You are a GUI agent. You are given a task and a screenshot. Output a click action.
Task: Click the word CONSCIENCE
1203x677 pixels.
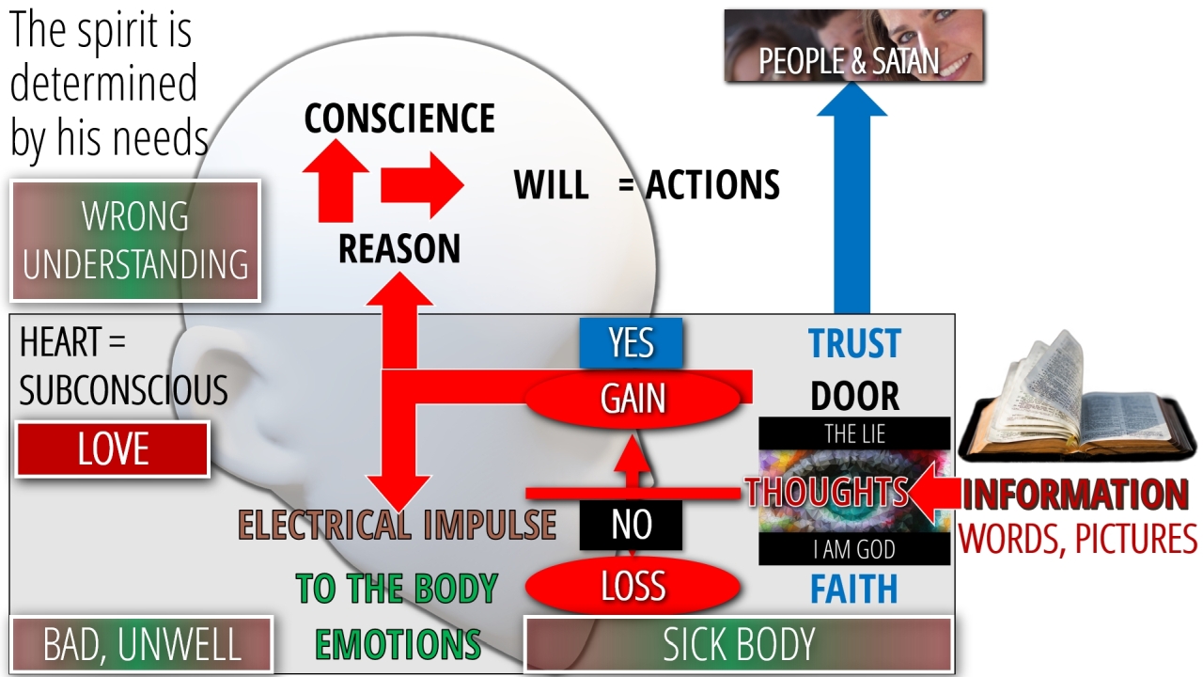click(399, 119)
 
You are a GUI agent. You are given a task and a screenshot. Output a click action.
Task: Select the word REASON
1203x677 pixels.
click(399, 249)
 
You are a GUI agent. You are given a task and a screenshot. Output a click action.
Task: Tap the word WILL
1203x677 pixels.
click(551, 185)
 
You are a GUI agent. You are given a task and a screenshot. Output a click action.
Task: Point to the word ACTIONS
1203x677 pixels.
click(712, 185)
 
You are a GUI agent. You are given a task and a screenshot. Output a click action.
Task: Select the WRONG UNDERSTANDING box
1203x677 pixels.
click(135, 241)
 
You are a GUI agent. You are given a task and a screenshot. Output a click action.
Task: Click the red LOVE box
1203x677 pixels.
click(113, 449)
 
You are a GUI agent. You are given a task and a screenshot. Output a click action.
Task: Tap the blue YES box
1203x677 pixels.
click(631, 343)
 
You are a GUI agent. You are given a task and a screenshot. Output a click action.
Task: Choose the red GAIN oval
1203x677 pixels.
click(633, 399)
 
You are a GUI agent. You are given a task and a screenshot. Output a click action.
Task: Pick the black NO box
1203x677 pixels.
click(631, 525)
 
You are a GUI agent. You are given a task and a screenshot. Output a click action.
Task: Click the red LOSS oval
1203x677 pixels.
click(633, 586)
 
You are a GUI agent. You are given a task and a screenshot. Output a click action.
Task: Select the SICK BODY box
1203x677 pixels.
click(738, 645)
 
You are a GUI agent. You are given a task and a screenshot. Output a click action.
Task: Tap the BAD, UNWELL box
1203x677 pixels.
click(141, 645)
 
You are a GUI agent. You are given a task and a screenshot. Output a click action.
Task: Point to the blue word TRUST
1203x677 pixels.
click(854, 344)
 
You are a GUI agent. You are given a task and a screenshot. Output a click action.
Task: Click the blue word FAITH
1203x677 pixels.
click(854, 590)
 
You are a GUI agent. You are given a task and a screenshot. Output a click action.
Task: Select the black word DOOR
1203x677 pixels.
click(854, 397)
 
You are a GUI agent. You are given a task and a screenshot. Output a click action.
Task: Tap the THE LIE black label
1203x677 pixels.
click(854, 434)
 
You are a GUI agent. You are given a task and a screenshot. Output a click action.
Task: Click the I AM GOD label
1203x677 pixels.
click(854, 549)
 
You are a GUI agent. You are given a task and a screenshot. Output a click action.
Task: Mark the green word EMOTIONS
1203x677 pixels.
click(398, 645)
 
